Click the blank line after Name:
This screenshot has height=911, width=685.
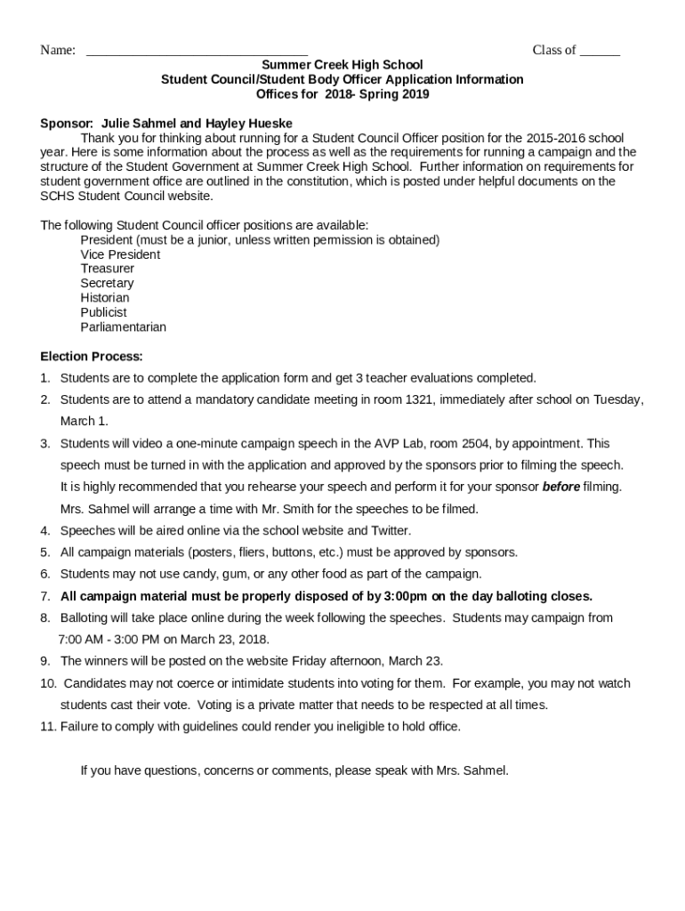coord(197,52)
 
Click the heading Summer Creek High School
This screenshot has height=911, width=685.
coord(342,65)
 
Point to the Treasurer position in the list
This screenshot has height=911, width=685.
coord(108,269)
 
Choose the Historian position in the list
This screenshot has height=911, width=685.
coord(105,297)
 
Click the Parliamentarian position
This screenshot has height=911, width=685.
coord(124,327)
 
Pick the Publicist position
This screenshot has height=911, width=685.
coord(104,312)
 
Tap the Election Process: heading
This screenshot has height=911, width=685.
coord(92,357)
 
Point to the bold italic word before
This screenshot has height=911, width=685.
coord(561,487)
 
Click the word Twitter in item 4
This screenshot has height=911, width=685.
coord(390,530)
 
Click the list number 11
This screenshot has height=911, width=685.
coord(48,727)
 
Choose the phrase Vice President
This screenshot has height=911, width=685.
coord(120,254)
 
